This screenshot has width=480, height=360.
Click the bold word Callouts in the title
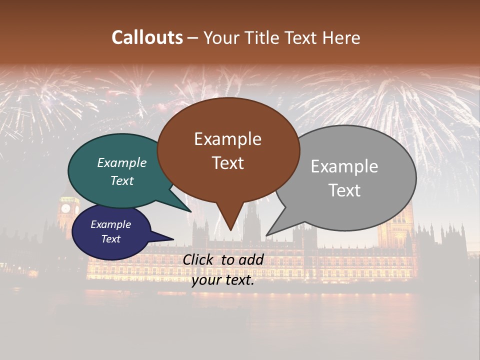pyautogui.click(x=147, y=37)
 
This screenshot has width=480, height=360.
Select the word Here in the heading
pyautogui.click(x=342, y=37)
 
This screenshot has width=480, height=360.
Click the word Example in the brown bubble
pyautogui.click(x=227, y=139)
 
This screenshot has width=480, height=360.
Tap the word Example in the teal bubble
pyautogui.click(x=121, y=163)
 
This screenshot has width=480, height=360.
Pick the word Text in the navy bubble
pyautogui.click(x=110, y=239)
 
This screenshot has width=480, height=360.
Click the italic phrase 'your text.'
pyautogui.click(x=222, y=280)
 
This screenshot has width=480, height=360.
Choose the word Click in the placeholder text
pyautogui.click(x=199, y=259)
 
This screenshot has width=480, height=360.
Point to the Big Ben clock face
pyautogui.click(x=65, y=208)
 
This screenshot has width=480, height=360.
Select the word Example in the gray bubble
pyautogui.click(x=344, y=166)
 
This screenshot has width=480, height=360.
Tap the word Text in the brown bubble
pyautogui.click(x=227, y=163)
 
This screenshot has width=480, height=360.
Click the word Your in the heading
pyautogui.click(x=219, y=37)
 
